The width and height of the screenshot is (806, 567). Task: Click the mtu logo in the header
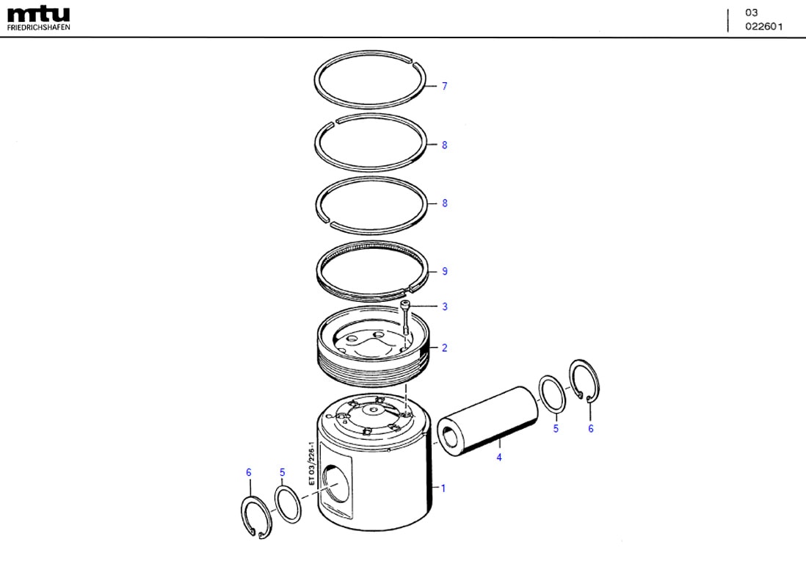(x=39, y=13)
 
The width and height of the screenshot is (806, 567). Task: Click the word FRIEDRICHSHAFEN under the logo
(x=39, y=27)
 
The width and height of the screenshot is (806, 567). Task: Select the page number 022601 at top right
(x=764, y=26)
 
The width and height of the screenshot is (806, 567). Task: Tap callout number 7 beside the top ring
(x=444, y=87)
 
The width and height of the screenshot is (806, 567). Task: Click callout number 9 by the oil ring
(x=444, y=272)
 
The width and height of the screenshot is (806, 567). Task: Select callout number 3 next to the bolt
(x=444, y=307)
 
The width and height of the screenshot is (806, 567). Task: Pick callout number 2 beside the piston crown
(x=444, y=348)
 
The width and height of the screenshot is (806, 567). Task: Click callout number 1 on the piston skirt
(x=443, y=488)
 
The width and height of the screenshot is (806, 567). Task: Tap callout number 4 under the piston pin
(x=498, y=458)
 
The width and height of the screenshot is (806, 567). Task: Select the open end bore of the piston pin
(x=449, y=434)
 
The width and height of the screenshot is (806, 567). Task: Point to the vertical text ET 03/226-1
(x=311, y=464)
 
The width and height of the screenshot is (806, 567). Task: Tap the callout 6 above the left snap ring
(x=249, y=472)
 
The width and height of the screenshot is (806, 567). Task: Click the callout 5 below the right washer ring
(x=556, y=429)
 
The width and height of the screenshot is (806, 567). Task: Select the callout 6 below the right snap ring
(x=590, y=429)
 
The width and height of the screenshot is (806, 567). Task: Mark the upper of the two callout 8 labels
(x=444, y=145)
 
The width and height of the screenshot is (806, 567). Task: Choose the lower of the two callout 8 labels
(x=444, y=203)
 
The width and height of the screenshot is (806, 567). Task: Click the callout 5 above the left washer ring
(x=282, y=472)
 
